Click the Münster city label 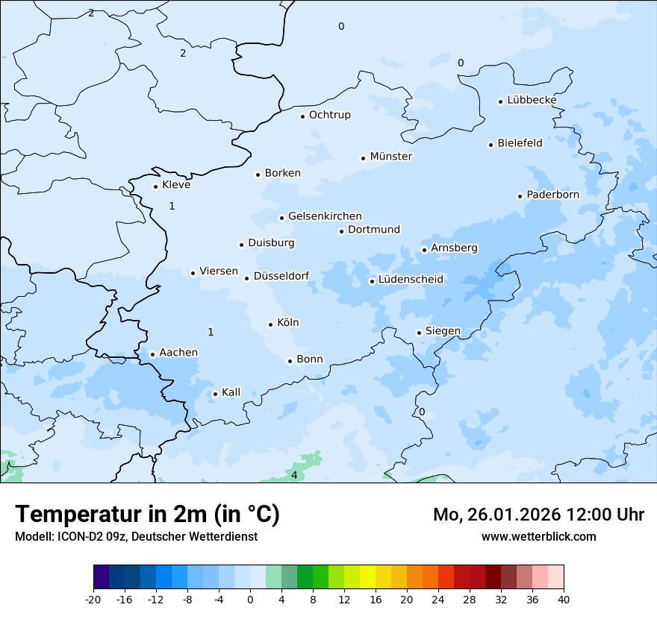click(x=390, y=157)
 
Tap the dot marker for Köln click(x=271, y=324)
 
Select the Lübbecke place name click(x=532, y=100)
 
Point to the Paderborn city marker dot click(x=520, y=196)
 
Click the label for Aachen click(x=178, y=353)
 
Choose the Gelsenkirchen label click(x=325, y=216)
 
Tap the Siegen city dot click(x=420, y=333)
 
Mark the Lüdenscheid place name click(x=411, y=280)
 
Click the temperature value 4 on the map click(x=294, y=475)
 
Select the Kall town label click(x=231, y=392)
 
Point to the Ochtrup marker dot click(x=303, y=116)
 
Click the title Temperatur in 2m click(x=147, y=515)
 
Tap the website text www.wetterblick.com click(x=538, y=537)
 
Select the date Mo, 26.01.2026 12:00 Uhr click(x=538, y=515)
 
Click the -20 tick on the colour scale click(x=93, y=599)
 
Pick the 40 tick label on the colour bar click(x=564, y=599)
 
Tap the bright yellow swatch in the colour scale click(x=367, y=577)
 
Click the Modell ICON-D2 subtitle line click(x=136, y=537)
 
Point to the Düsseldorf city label click(x=281, y=276)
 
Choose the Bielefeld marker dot click(x=491, y=145)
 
